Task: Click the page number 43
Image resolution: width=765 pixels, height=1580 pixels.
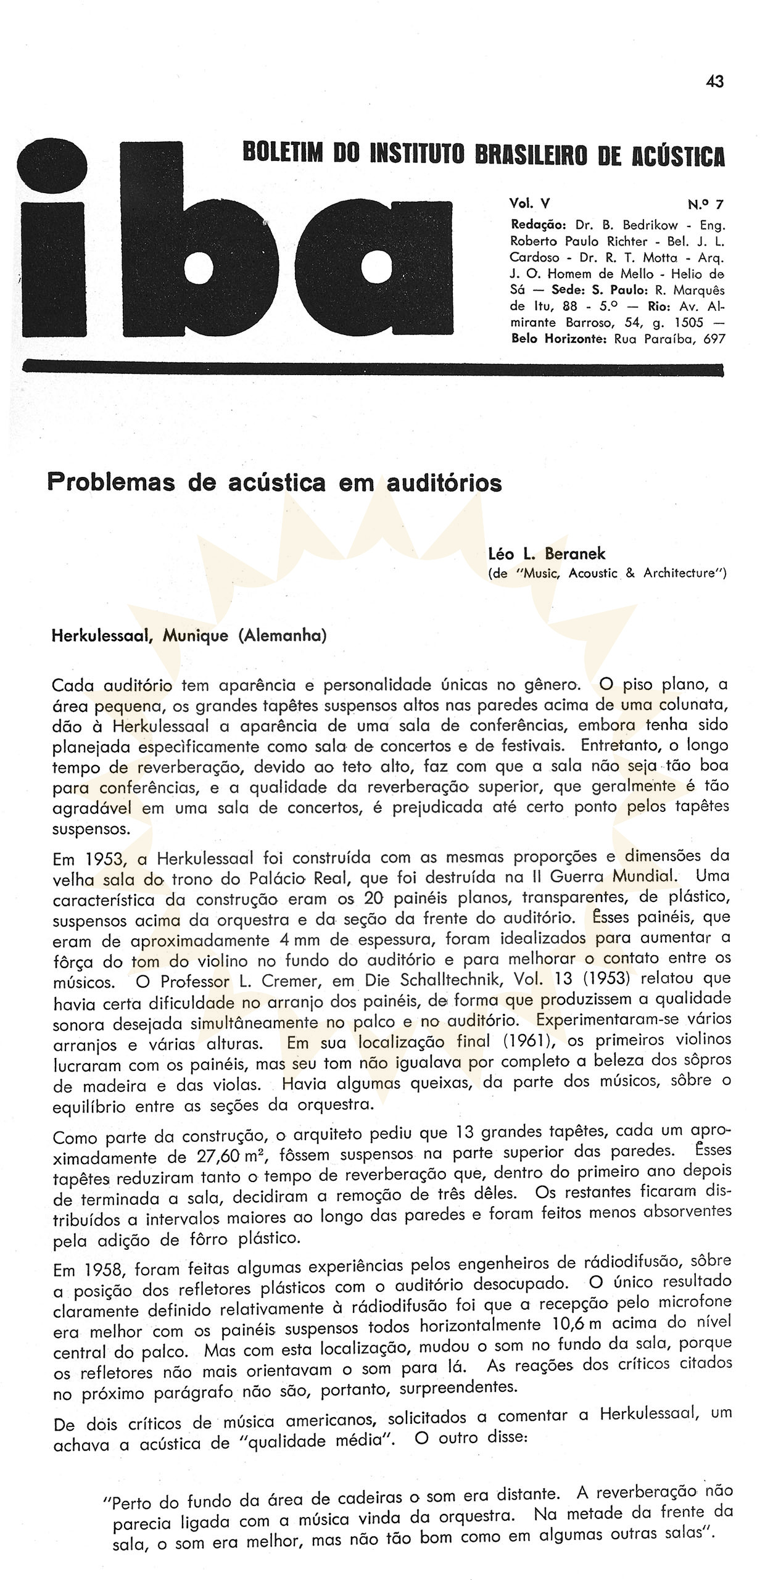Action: (714, 81)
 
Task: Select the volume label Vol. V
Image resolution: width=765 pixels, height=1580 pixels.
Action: (529, 204)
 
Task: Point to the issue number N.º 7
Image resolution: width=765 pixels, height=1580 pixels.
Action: (705, 204)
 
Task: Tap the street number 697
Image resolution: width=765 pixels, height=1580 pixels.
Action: (714, 339)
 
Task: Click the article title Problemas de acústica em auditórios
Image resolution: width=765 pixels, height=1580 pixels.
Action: (275, 483)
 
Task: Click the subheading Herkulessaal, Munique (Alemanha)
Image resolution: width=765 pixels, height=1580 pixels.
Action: (189, 636)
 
